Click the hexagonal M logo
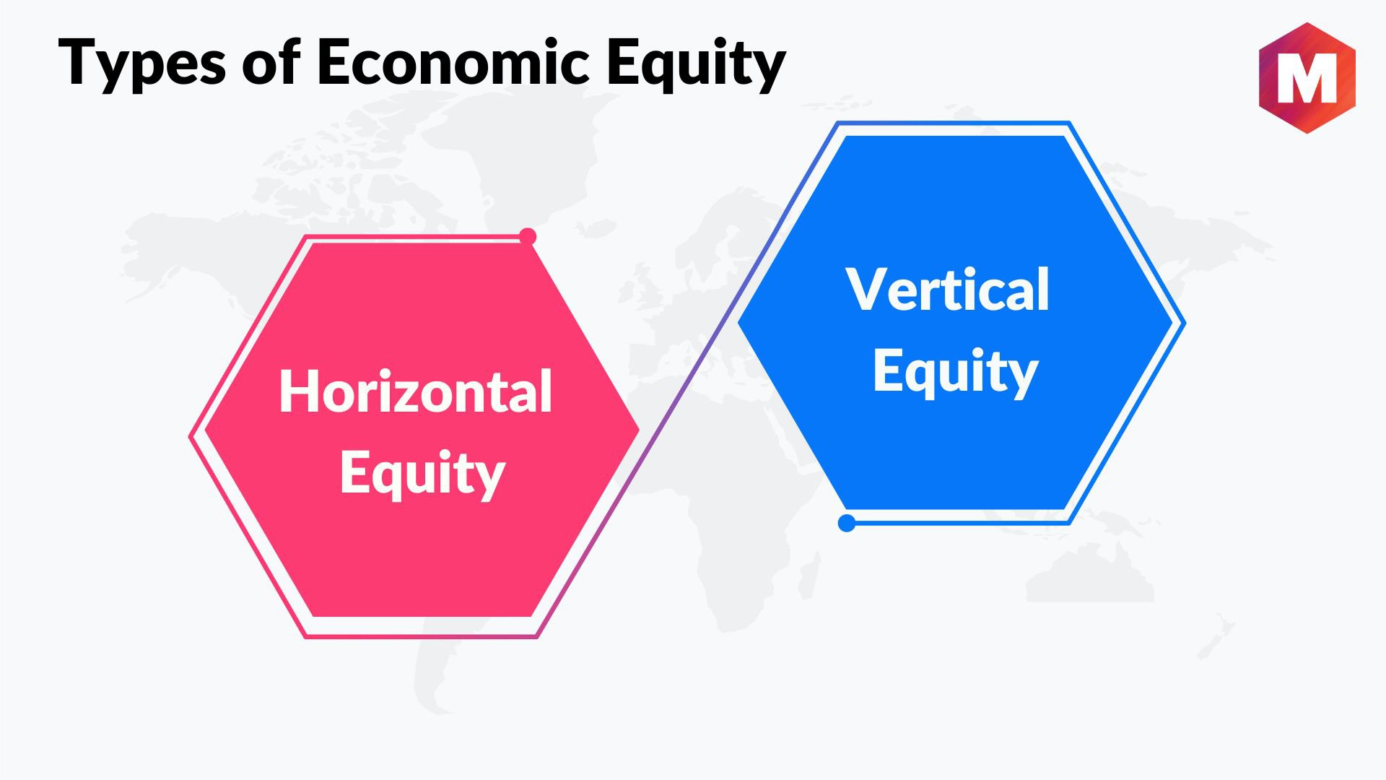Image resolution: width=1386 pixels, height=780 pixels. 1307,78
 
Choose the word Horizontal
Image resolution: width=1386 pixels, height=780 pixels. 416,391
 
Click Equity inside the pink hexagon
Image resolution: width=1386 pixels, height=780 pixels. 422,474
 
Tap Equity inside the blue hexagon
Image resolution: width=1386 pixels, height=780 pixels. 955,372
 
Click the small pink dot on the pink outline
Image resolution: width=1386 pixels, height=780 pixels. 528,236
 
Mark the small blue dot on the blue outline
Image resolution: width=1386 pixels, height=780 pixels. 847,523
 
